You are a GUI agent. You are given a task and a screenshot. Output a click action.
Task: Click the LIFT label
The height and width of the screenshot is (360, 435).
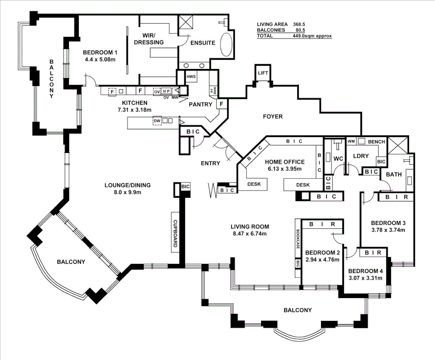coord(263,73)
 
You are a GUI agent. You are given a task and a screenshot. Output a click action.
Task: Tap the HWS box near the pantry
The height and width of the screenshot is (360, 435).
coord(191,76)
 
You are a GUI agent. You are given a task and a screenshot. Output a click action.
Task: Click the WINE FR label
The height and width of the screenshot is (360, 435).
coord(213,91)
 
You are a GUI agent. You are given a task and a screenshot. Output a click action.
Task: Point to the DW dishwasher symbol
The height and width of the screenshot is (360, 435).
coord(157,121)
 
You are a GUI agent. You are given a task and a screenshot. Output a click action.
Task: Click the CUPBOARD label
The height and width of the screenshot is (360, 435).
coord(175,233)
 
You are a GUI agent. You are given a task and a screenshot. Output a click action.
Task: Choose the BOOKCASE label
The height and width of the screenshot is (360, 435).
coord(298,239)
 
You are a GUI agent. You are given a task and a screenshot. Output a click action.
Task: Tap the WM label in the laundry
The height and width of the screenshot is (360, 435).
coord(351,141)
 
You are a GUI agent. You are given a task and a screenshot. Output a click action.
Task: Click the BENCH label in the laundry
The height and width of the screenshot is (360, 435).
coord(377,142)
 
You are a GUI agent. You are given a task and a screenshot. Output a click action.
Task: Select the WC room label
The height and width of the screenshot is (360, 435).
coord(338,159)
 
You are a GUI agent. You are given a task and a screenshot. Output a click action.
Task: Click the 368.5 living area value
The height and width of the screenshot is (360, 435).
coord(299,24)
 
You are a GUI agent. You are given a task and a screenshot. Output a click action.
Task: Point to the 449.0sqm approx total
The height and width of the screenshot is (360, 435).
coord(312,36)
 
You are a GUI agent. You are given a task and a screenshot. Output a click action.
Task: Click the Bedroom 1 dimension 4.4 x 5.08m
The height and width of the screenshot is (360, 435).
coord(100,60)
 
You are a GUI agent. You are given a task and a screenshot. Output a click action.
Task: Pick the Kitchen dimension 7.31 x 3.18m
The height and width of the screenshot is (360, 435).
coord(134,110)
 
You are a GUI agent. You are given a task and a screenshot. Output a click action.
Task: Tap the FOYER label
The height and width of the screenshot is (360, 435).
coord(273,116)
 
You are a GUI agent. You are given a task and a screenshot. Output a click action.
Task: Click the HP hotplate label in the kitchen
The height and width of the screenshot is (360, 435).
coord(166,91)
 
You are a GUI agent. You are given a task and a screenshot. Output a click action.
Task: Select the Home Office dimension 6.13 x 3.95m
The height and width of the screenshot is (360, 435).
coord(285,169)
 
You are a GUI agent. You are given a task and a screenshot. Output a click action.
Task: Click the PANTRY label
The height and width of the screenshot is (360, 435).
coord(200,104)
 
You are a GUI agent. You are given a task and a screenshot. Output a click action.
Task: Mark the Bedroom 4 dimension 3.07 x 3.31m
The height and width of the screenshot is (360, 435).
coord(365,278)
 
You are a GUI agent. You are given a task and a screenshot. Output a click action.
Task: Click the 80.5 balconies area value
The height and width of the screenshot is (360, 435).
coord(301,30)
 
